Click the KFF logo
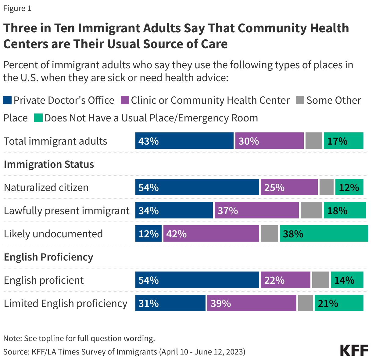[x=354, y=351]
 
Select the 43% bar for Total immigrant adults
[x=184, y=141]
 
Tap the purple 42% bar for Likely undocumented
[x=211, y=234]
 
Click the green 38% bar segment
[x=324, y=234]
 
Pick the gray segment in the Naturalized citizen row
[x=326, y=187]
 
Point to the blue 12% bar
[x=148, y=234]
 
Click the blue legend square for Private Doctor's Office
[x=7, y=100]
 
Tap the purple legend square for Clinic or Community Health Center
[x=125, y=100]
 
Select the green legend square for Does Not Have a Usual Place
[x=38, y=118]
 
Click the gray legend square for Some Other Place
[x=300, y=100]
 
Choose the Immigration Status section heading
[x=49, y=164]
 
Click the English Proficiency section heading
[x=48, y=257]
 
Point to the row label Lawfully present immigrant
[x=66, y=211]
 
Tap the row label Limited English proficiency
[x=65, y=303]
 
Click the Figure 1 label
[x=17, y=8]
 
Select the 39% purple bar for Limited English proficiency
[x=252, y=303]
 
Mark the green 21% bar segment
[x=339, y=303]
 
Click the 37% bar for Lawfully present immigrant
[x=256, y=211]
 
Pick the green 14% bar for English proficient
[x=347, y=280]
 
